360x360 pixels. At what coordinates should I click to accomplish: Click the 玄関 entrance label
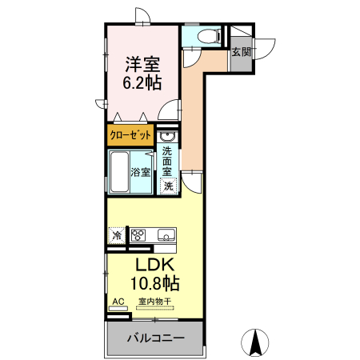tap(240, 52)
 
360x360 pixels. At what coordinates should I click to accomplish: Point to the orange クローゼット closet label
tap(130, 135)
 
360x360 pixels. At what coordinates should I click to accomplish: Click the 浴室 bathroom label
tap(141, 172)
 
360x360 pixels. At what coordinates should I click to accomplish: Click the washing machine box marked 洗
tap(168, 186)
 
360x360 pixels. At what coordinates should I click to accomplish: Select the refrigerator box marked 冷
tap(117, 236)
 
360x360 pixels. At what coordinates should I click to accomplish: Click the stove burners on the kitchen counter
tap(138, 235)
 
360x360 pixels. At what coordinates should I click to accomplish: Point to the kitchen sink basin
tap(166, 234)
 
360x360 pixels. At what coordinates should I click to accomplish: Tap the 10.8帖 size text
tap(154, 282)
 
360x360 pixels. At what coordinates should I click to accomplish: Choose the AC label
tap(118, 302)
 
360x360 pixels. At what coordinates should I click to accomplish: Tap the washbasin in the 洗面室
tap(165, 135)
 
